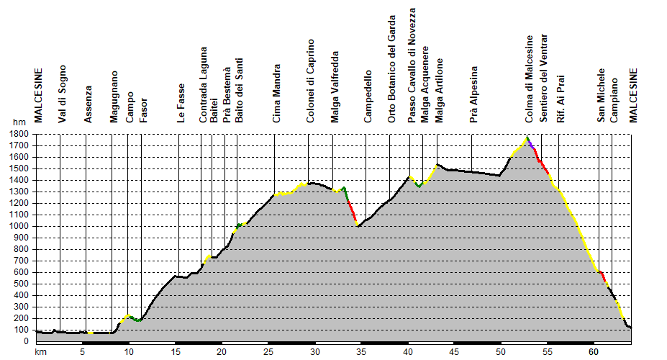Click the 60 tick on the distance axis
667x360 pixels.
coord(593,352)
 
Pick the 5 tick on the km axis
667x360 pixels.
coord(82,352)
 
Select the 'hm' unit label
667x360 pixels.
coord(18,124)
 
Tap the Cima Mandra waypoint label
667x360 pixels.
coord(277,94)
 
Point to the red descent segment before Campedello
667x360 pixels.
coord(352,210)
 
